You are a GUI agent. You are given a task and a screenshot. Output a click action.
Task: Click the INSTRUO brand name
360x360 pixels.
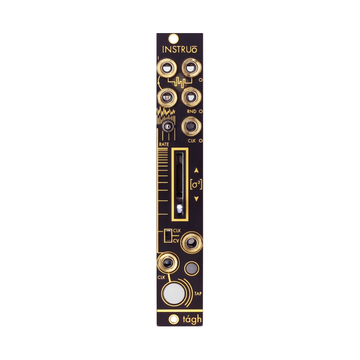(179, 49)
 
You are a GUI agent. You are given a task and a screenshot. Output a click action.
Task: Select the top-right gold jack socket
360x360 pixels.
(191, 67)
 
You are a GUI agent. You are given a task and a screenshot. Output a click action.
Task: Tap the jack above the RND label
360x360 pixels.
(191, 98)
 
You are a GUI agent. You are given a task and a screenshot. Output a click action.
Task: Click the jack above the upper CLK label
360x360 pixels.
(190, 127)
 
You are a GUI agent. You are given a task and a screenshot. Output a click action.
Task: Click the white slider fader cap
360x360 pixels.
(179, 208)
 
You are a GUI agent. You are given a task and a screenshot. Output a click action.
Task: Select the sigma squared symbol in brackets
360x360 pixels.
(196, 184)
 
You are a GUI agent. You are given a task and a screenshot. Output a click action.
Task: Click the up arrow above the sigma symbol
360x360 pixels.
(196, 170)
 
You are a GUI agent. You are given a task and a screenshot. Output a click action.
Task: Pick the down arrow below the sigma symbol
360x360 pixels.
(196, 198)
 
